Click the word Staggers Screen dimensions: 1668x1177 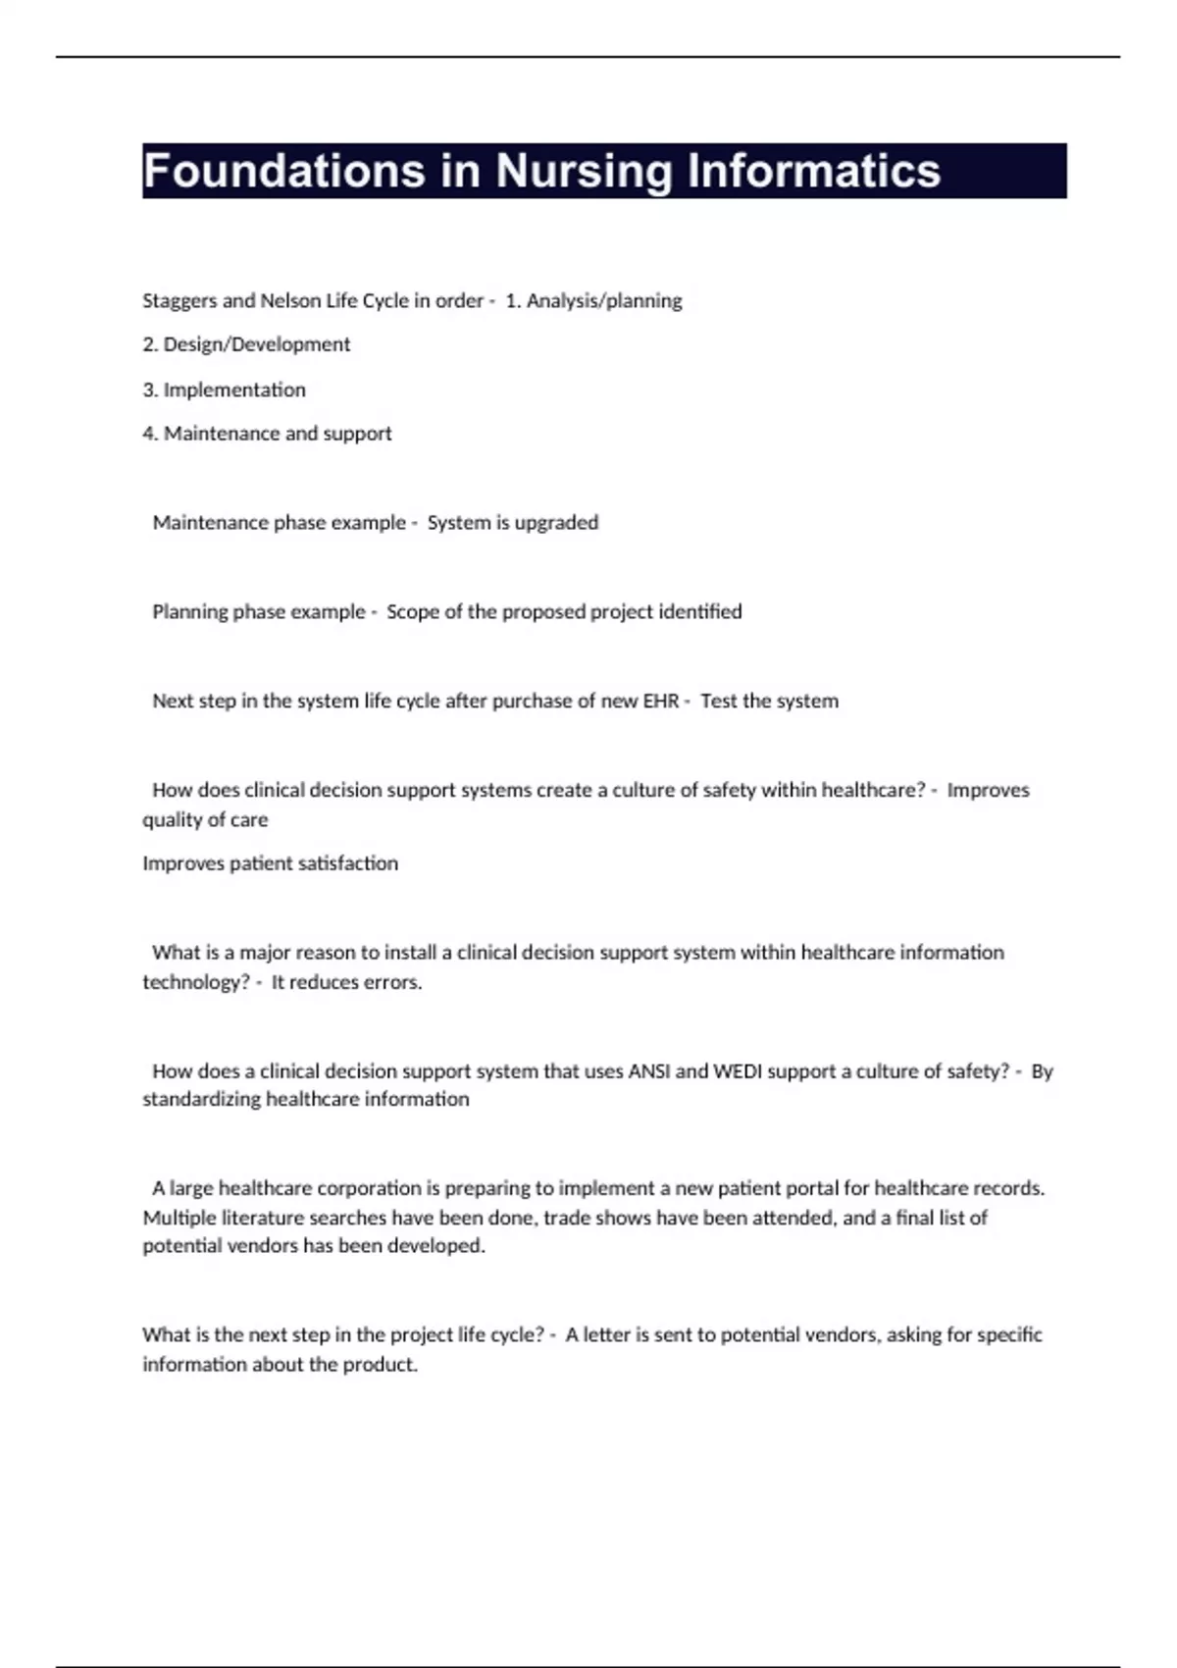[179, 301]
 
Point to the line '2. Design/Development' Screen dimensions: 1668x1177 [246, 344]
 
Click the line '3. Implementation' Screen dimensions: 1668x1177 [224, 390]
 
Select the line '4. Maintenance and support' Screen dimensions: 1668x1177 [267, 434]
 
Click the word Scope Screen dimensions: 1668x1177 [412, 612]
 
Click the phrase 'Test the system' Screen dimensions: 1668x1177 [769, 702]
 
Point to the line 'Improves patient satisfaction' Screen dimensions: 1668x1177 [270, 863]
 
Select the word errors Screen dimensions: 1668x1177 [391, 982]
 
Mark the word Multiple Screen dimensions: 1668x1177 [178, 1218]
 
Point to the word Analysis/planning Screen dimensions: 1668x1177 [604, 301]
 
